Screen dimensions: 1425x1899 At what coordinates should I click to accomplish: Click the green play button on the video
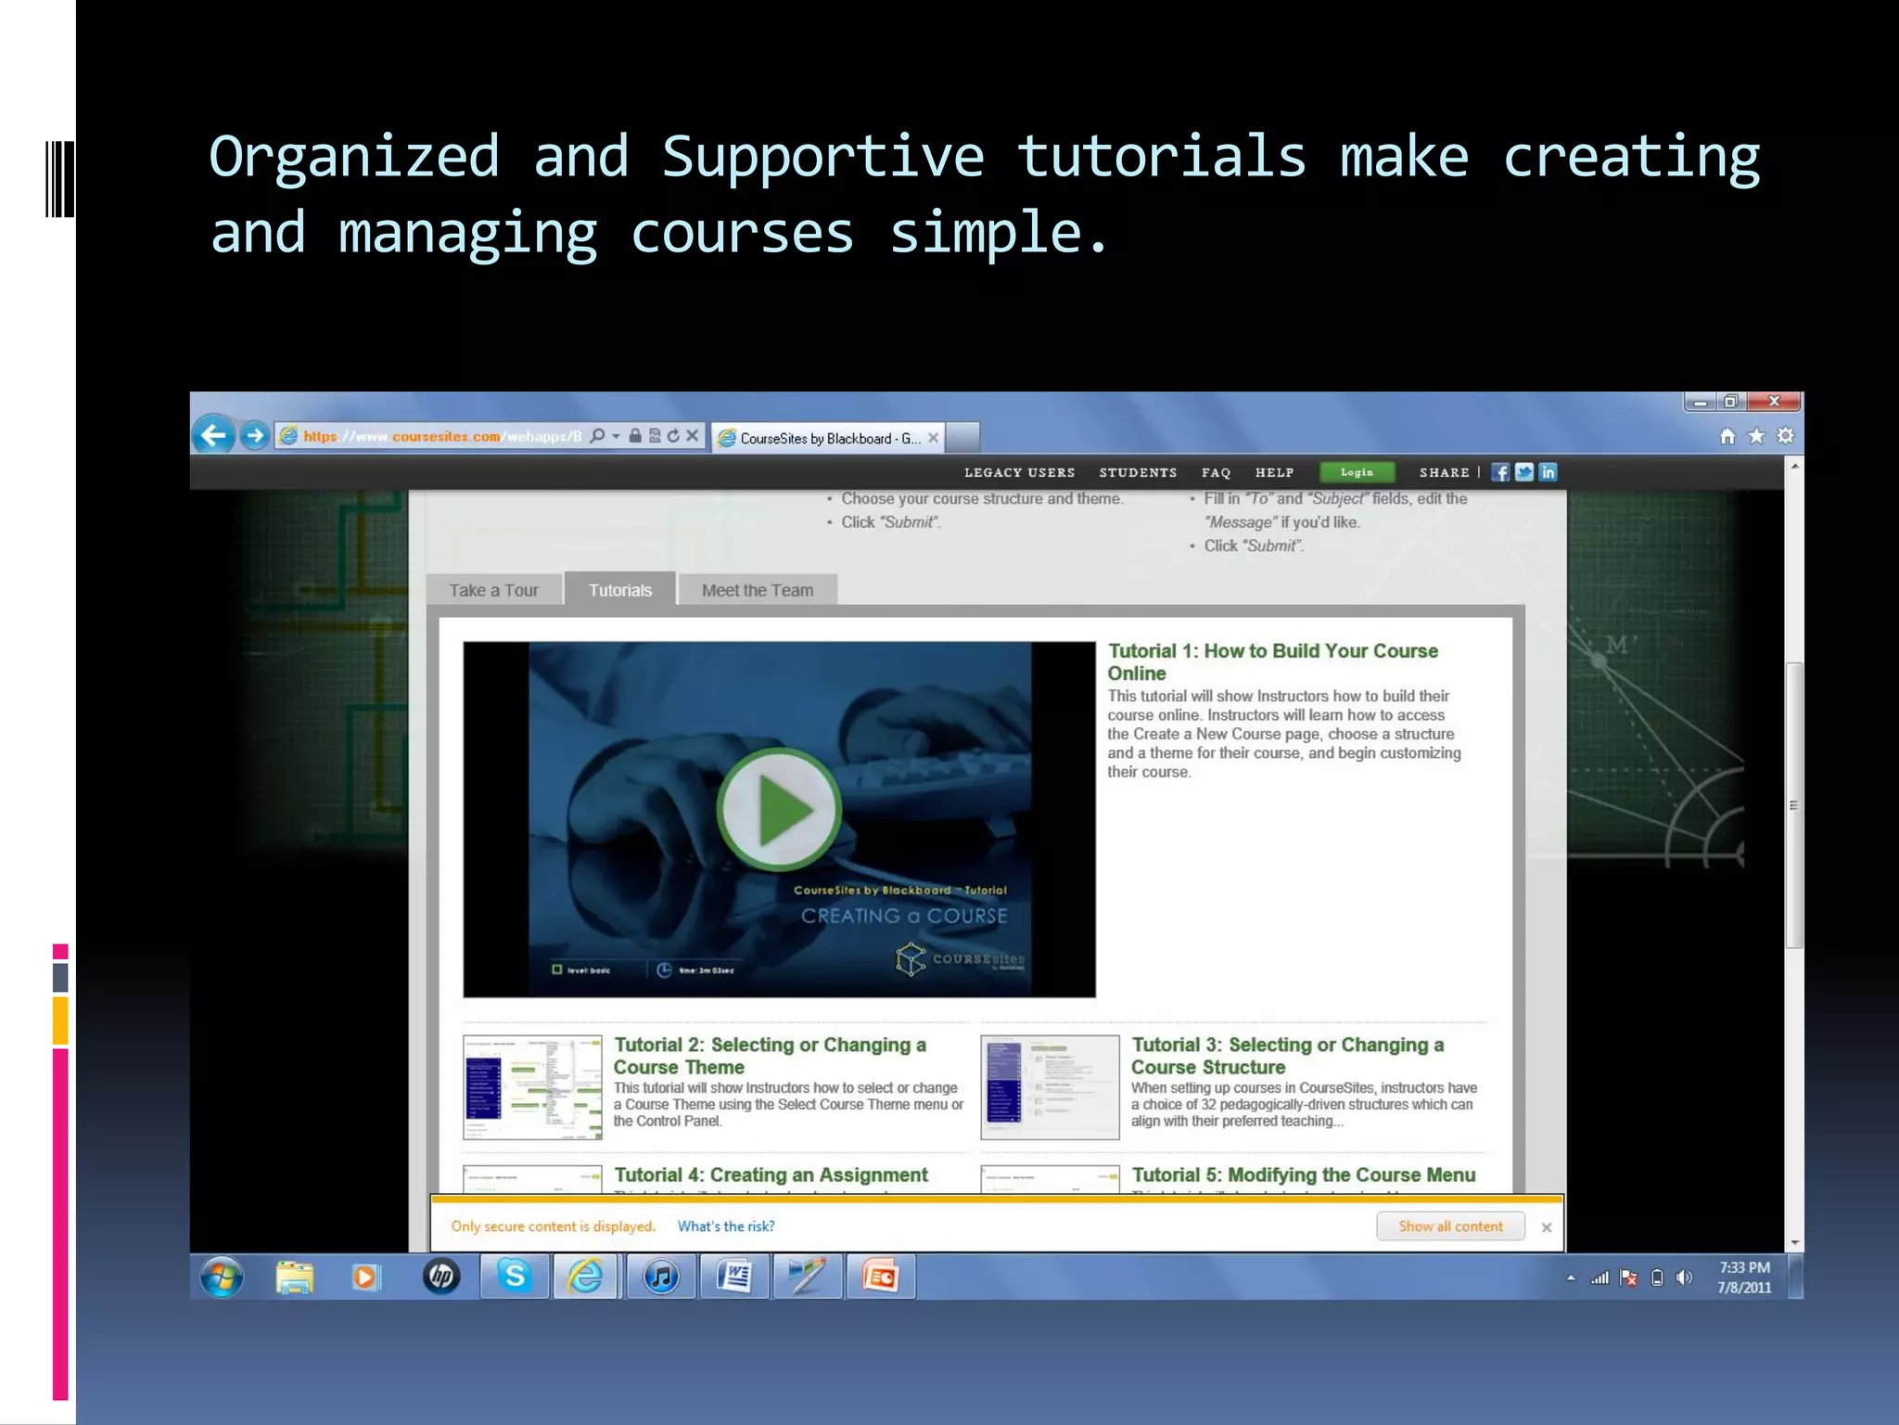[x=779, y=809]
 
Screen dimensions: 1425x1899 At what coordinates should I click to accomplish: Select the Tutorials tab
[x=620, y=590]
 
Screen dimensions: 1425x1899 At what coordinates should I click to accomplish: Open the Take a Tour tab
[x=493, y=590]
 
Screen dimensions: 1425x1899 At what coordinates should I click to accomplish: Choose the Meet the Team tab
[x=757, y=590]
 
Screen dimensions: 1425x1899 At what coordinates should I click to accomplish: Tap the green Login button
[x=1357, y=472]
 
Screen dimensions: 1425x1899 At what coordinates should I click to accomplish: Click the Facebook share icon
[x=1500, y=472]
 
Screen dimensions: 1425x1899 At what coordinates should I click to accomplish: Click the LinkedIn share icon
[x=1548, y=472]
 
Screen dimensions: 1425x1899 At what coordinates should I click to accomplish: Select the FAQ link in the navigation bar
[x=1216, y=473]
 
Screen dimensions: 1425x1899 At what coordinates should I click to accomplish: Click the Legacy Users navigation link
[x=1019, y=473]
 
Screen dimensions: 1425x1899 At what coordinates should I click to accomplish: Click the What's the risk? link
[x=726, y=1226]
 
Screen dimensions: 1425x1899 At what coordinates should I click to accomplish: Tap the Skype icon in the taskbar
[x=515, y=1277]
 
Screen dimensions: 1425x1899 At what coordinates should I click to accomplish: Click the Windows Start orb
[x=223, y=1277]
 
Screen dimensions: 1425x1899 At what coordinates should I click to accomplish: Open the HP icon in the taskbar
[x=441, y=1277]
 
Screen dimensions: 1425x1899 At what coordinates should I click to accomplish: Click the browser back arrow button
[x=214, y=435]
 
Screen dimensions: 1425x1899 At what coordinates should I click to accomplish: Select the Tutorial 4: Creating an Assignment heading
[x=771, y=1175]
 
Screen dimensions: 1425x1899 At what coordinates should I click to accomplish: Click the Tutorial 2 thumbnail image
[x=532, y=1087]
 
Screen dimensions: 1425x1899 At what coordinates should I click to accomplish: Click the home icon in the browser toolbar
[x=1727, y=436]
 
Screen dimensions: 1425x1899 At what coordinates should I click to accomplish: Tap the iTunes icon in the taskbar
[x=661, y=1277]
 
